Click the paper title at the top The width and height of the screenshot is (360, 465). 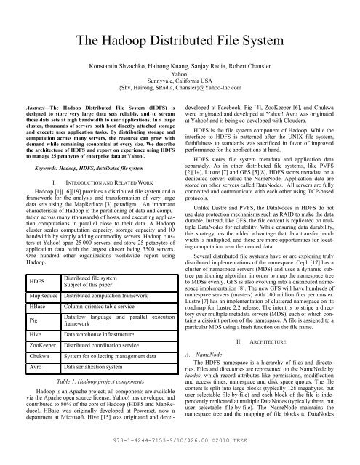pos(180,40)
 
